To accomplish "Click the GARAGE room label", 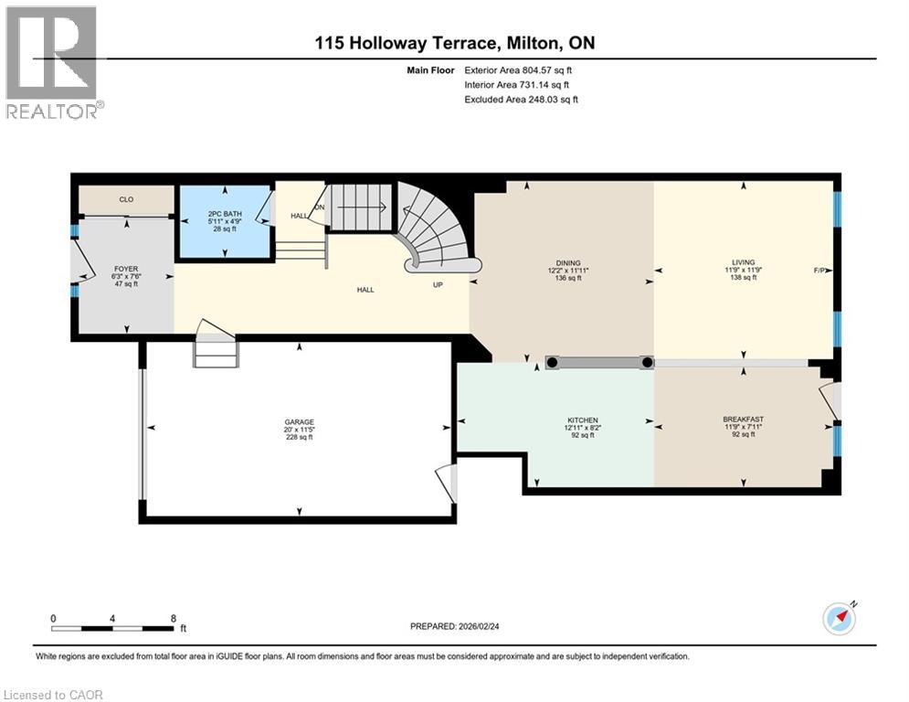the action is (299, 421).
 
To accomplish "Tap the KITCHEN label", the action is (583, 420).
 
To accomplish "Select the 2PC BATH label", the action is (225, 214).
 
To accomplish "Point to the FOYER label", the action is (126, 269).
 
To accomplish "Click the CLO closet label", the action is (126, 199).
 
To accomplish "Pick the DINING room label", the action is (568, 263).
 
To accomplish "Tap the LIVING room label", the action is (744, 262).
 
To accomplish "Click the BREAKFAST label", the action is (744, 419).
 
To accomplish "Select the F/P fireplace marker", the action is (819, 271).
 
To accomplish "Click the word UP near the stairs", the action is (438, 285).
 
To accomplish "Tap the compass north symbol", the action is (840, 619).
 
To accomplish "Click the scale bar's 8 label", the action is (174, 619).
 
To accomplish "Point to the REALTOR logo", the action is (52, 63).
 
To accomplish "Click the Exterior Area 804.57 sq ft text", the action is (518, 70).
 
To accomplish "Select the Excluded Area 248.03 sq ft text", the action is (521, 100).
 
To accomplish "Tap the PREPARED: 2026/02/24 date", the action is (455, 626).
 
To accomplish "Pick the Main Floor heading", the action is (430, 70).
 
